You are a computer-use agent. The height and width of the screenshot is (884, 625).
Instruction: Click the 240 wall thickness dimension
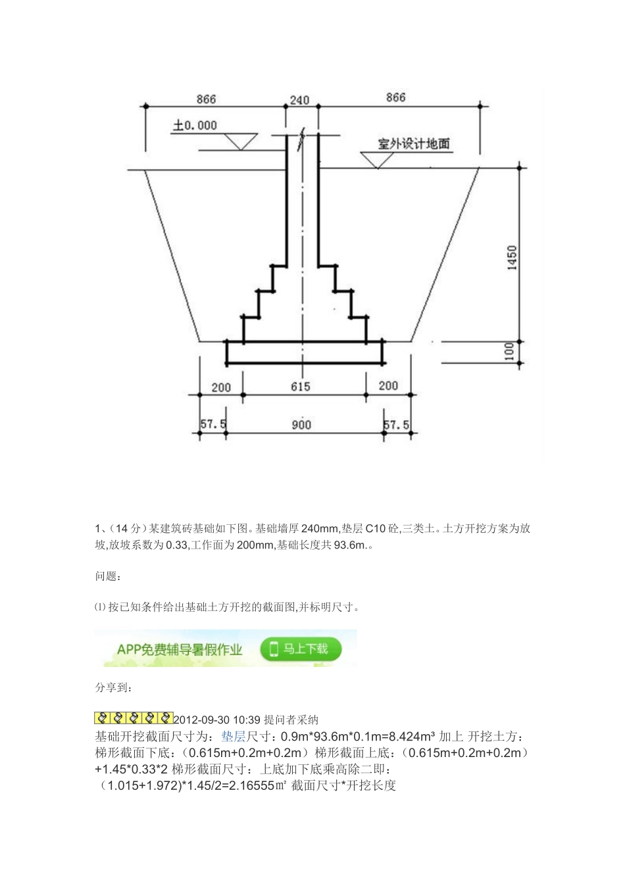click(299, 101)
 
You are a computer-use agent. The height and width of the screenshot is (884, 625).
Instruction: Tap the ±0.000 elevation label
click(195, 125)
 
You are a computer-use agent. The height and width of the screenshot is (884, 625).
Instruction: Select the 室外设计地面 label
click(414, 143)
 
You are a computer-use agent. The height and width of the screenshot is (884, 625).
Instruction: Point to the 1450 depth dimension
click(512, 257)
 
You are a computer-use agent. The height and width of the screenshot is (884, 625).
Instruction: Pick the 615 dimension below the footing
click(300, 387)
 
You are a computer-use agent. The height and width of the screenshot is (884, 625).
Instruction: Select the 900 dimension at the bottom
click(301, 425)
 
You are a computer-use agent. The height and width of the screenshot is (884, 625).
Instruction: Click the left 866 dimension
click(206, 99)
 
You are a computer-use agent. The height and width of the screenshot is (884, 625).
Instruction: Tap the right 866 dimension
click(396, 97)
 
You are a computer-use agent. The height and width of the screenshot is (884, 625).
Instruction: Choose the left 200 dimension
click(221, 387)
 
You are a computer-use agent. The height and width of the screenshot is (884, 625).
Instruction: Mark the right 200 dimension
click(388, 385)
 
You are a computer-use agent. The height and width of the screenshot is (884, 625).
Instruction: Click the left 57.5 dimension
click(213, 425)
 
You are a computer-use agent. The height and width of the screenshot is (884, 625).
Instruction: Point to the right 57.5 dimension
click(396, 425)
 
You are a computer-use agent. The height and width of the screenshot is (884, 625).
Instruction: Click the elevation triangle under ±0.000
click(240, 141)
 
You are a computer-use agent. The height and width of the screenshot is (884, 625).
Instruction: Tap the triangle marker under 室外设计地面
click(377, 159)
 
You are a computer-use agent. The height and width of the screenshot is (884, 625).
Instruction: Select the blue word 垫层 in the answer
click(233, 736)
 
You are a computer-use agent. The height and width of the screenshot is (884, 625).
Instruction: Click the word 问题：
click(108, 576)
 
